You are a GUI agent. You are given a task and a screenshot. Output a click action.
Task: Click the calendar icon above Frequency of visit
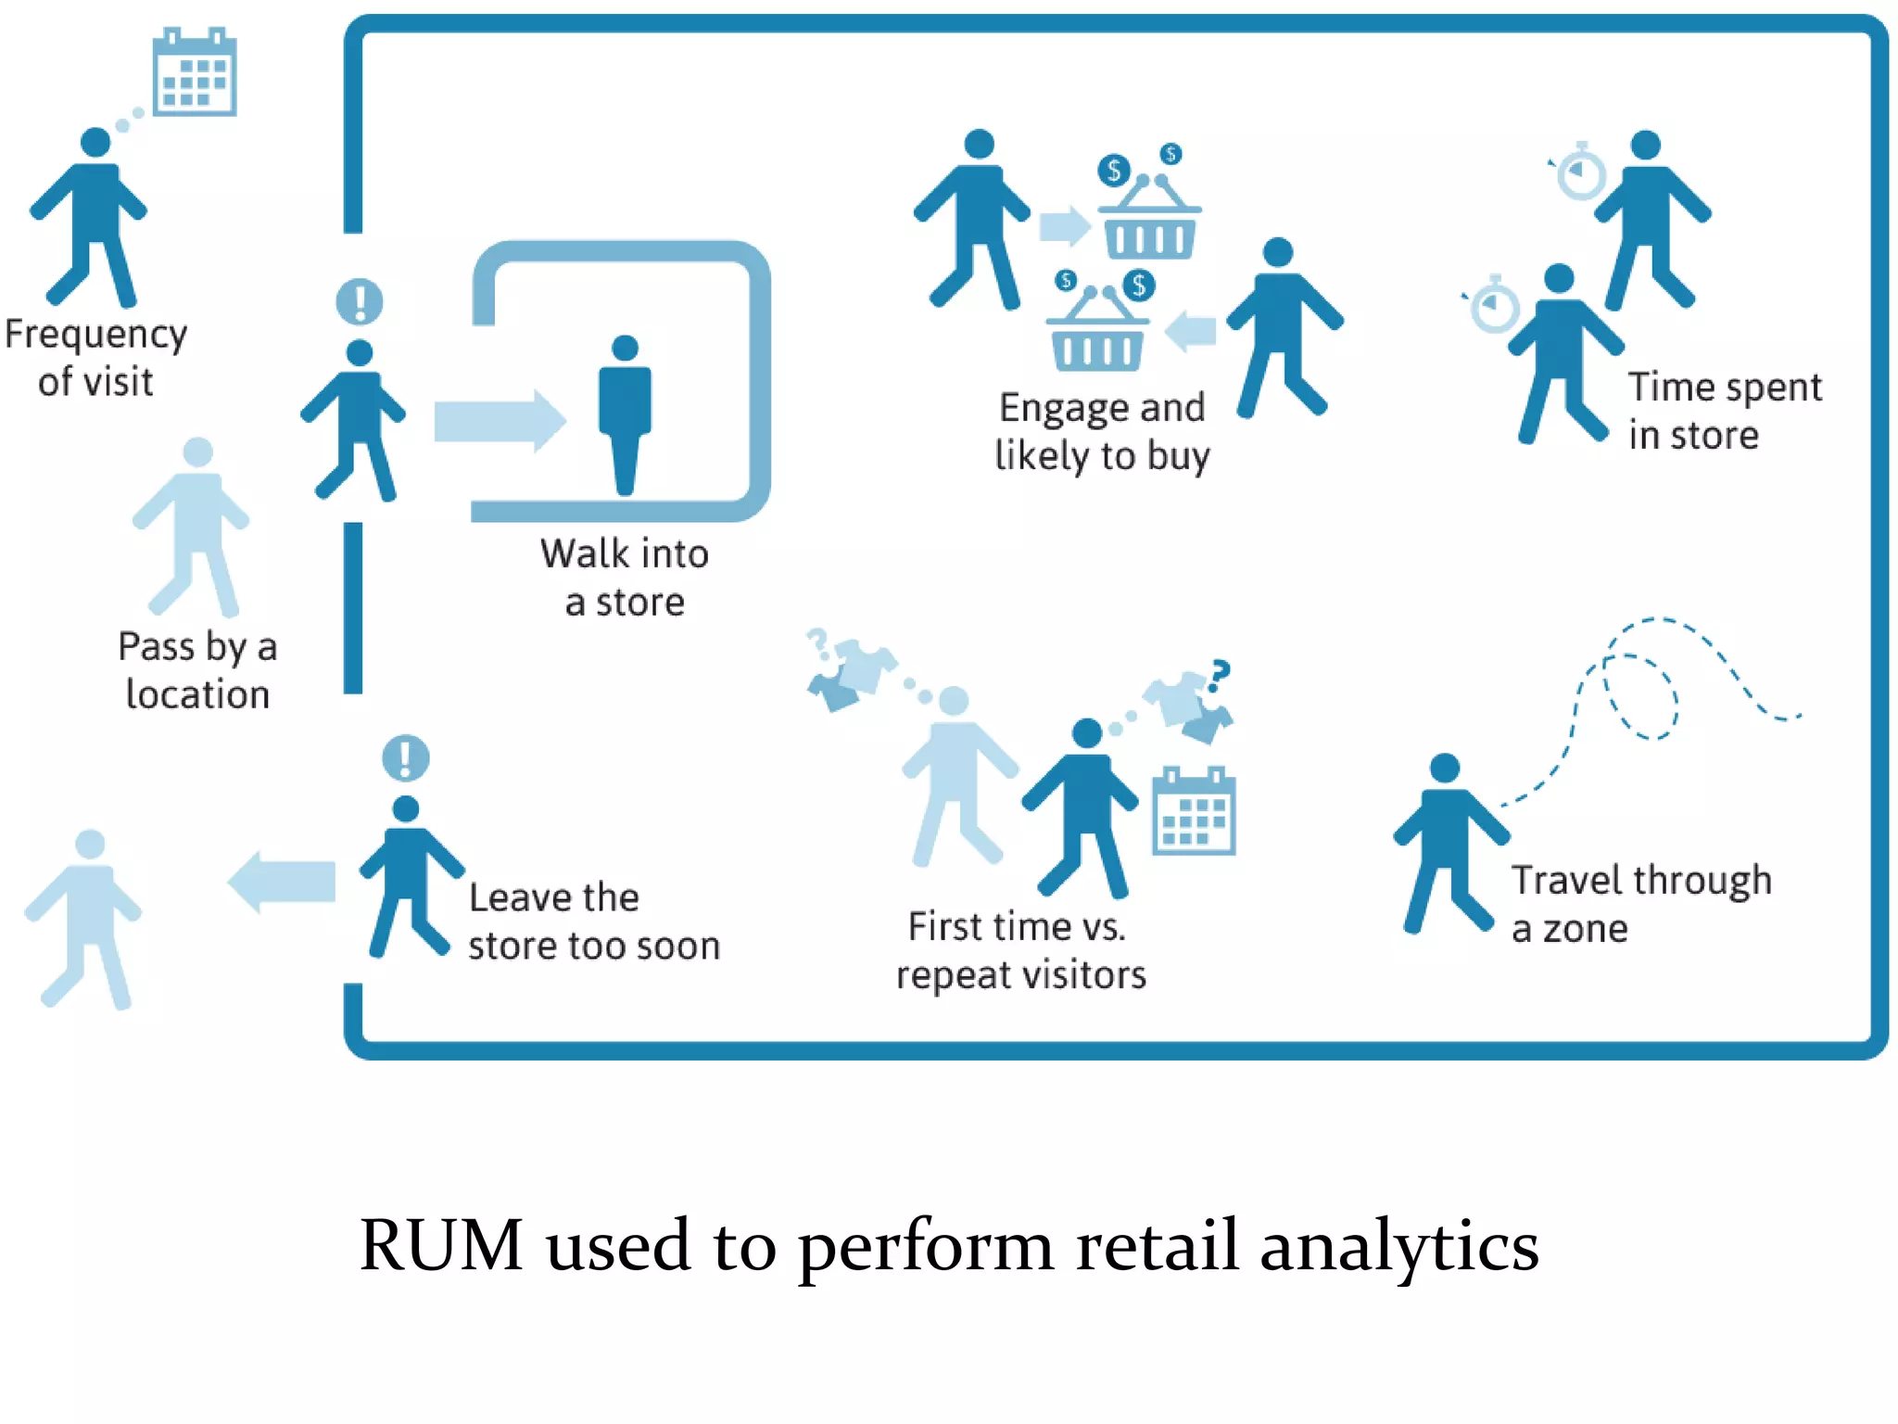coord(194,73)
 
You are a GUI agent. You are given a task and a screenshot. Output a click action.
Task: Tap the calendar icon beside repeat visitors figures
coord(1194,812)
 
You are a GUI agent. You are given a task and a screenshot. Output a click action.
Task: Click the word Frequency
coord(96,335)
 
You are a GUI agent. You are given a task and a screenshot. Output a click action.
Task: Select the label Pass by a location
coord(197,670)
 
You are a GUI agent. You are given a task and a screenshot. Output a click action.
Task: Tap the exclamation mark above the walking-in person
coord(360,301)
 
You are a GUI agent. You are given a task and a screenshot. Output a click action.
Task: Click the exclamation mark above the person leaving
coord(406,757)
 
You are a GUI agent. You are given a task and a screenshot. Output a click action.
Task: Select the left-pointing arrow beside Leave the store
coord(282,881)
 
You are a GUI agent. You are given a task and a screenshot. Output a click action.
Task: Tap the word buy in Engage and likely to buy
coord(1178,457)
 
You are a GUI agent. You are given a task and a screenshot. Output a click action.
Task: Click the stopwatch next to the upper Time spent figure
coord(1580,173)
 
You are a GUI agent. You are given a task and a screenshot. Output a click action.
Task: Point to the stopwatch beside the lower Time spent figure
coord(1495,305)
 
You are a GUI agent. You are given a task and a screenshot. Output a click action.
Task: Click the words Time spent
coord(1725,388)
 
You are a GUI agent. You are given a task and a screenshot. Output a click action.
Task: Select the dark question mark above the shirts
coord(1220,674)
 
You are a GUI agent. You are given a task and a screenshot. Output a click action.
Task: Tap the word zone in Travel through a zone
coord(1585,929)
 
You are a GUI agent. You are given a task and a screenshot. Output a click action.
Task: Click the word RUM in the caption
coord(441,1245)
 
